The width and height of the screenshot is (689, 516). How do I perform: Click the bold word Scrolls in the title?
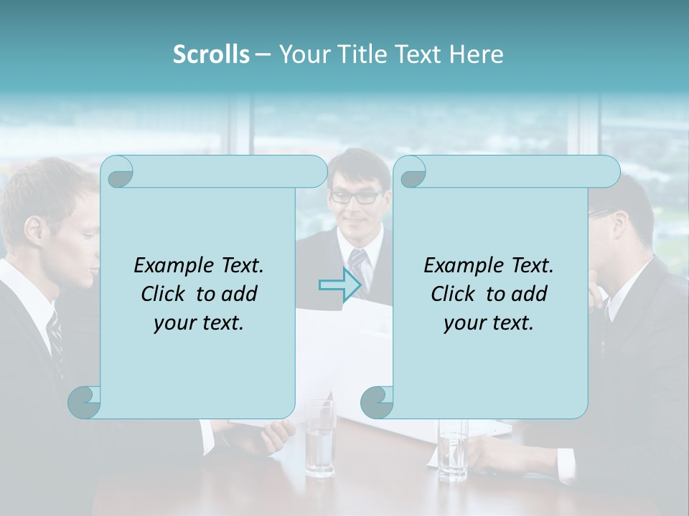[x=211, y=54]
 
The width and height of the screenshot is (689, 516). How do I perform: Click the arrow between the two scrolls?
[x=339, y=286]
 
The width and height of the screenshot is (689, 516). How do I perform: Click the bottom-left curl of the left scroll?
[x=84, y=402]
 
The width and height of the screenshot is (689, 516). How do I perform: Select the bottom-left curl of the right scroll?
[x=377, y=402]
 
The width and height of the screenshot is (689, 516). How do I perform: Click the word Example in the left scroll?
[x=169, y=266]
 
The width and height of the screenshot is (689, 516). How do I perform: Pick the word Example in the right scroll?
[x=459, y=266]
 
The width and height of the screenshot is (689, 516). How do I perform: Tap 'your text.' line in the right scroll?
[x=488, y=322]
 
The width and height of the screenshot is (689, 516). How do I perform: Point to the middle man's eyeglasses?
[x=356, y=196]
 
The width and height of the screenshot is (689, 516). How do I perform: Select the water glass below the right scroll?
[x=453, y=448]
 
